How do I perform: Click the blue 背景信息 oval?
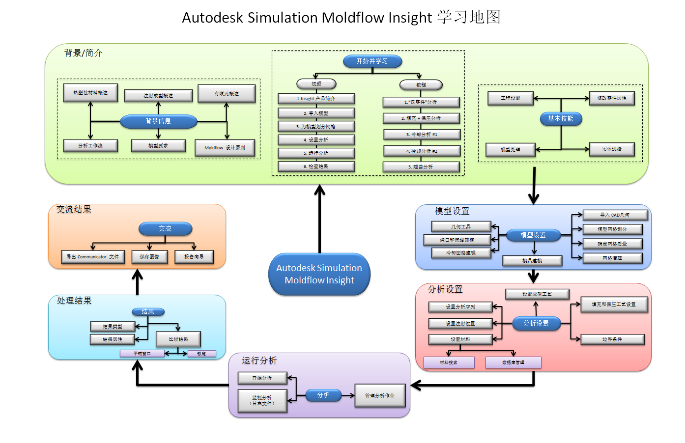[x=158, y=121]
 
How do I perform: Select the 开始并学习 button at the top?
[x=372, y=61]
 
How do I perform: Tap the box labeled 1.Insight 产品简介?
[x=316, y=99]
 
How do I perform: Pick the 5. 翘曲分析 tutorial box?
[x=421, y=167]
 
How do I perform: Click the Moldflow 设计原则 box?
[x=225, y=148]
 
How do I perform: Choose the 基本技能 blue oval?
[x=561, y=119]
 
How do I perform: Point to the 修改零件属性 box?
[x=612, y=98]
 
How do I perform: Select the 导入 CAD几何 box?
[x=615, y=215]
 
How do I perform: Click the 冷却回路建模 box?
[x=460, y=253]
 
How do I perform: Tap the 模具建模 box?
[x=532, y=261]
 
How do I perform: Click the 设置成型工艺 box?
[x=537, y=294]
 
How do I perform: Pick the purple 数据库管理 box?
[x=513, y=362]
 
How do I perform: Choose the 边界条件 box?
[x=612, y=339]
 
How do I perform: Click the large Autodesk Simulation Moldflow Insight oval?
[x=319, y=274]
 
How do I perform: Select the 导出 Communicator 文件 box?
[x=93, y=257]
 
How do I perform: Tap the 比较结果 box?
[x=178, y=339]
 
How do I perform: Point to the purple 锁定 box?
[x=201, y=354]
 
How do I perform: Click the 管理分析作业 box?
[x=380, y=395]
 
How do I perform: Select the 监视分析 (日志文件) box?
[x=262, y=400]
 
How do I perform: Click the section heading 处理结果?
[x=74, y=301]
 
